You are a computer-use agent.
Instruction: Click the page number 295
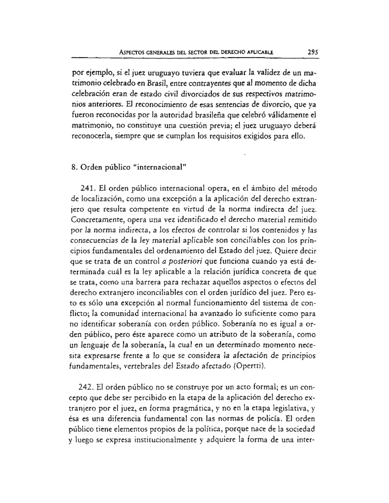(x=310, y=51)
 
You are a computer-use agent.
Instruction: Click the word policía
(x=265, y=418)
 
